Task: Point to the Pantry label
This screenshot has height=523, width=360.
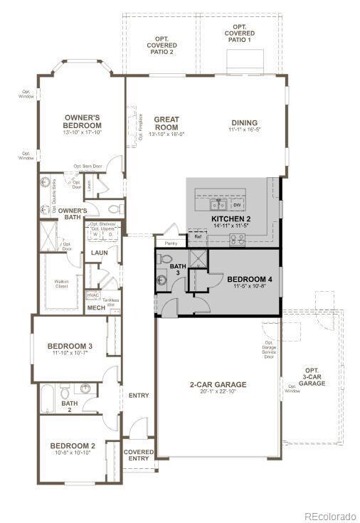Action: click(x=171, y=243)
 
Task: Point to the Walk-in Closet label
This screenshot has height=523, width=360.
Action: click(x=62, y=282)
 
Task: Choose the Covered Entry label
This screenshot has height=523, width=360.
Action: click(x=139, y=455)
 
